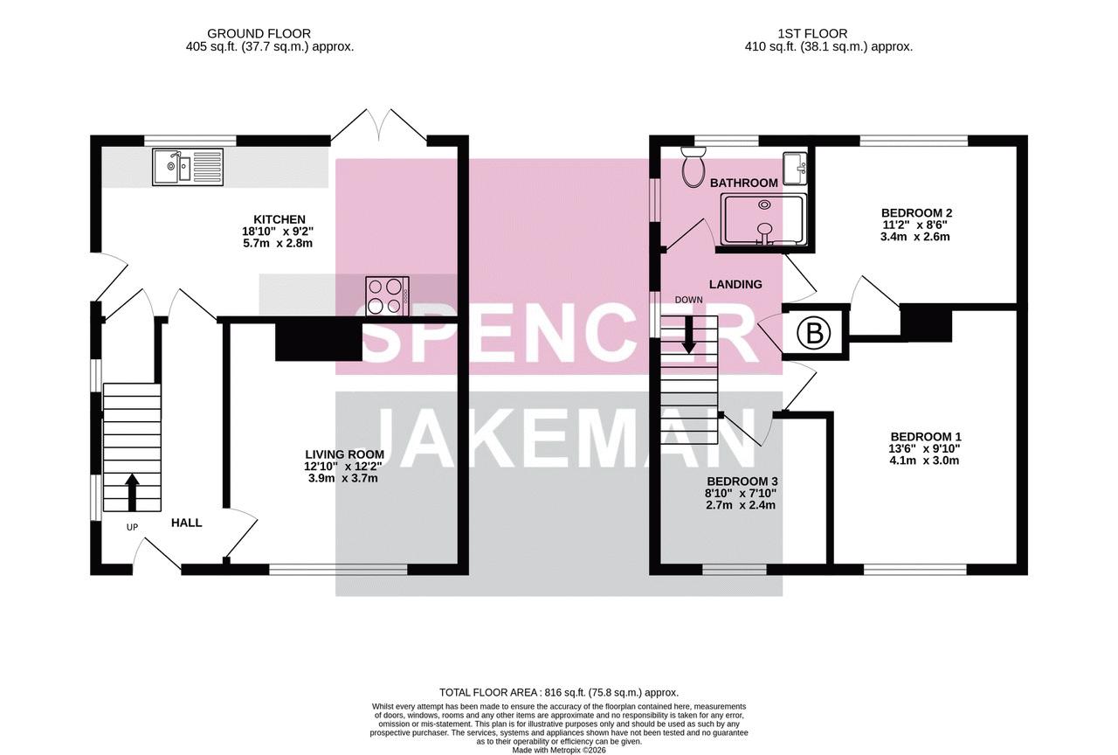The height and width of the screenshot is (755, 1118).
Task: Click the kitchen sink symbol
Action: click(189, 167)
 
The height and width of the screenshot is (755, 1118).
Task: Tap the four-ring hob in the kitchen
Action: click(387, 296)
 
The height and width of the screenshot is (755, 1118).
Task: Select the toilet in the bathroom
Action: click(693, 166)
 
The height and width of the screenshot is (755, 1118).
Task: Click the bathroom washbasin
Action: click(795, 169)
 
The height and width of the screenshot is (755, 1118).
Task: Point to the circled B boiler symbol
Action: click(815, 334)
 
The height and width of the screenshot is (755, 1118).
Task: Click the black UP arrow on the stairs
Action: click(132, 492)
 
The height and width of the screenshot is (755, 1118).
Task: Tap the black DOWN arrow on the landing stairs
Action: click(689, 335)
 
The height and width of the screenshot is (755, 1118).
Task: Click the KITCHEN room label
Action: click(279, 219)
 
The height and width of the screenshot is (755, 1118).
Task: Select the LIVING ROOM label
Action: click(344, 454)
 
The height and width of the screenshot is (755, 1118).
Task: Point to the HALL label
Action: click(187, 523)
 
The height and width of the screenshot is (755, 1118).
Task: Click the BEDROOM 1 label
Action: click(925, 436)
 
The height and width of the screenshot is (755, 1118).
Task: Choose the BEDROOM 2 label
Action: click(916, 212)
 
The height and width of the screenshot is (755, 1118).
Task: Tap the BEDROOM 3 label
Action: click(742, 481)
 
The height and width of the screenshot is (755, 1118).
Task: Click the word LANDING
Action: click(735, 284)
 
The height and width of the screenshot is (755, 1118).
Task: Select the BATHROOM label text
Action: click(743, 184)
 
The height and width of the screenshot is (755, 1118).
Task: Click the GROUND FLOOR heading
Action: click(259, 33)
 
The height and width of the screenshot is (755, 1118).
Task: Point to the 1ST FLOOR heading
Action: click(812, 33)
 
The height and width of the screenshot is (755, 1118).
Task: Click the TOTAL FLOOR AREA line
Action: click(558, 693)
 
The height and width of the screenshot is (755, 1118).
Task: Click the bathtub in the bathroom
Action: click(763, 220)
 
